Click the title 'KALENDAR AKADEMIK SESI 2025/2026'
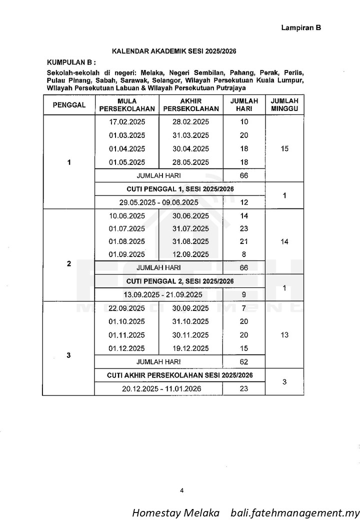click(x=173, y=51)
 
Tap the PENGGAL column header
click(x=69, y=105)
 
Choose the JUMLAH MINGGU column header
click(x=284, y=104)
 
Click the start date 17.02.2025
click(x=126, y=122)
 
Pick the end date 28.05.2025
click(x=190, y=162)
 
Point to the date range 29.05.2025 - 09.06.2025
click(x=158, y=202)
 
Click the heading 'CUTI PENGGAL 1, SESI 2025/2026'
click(x=180, y=188)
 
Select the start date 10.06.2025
click(x=126, y=216)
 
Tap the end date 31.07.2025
click(x=190, y=228)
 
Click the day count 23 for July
click(x=244, y=228)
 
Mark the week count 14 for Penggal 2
click(x=284, y=241)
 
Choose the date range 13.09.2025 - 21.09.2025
click(x=158, y=294)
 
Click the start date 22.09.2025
click(x=126, y=308)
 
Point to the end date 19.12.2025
click(x=190, y=348)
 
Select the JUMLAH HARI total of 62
click(x=244, y=361)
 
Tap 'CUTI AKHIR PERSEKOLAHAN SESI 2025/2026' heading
click(x=179, y=375)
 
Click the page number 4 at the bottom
click(x=181, y=490)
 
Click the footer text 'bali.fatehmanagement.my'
click(x=295, y=513)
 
